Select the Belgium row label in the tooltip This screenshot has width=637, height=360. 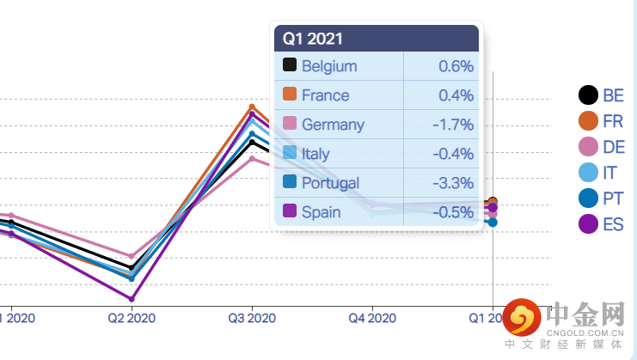[329, 66]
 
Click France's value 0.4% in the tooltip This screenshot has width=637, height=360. [456, 95]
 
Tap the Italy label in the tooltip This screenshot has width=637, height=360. [315, 154]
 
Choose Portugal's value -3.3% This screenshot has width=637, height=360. [452, 183]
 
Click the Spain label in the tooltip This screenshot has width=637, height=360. [321, 212]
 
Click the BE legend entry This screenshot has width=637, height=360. [602, 95]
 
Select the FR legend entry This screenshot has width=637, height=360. [602, 121]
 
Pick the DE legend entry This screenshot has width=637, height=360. [602, 147]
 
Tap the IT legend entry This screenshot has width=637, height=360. [602, 173]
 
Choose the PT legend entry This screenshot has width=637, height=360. [602, 198]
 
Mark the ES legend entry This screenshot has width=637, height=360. [602, 224]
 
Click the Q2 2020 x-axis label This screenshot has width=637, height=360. [132, 318]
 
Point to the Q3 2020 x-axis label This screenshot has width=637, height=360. [252, 318]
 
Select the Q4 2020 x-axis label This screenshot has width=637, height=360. [372, 318]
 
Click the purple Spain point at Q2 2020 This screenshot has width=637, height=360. [132, 299]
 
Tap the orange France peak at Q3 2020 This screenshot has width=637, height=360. [252, 107]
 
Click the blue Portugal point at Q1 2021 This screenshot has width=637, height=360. [493, 223]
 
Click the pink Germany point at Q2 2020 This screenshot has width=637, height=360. [132, 257]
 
